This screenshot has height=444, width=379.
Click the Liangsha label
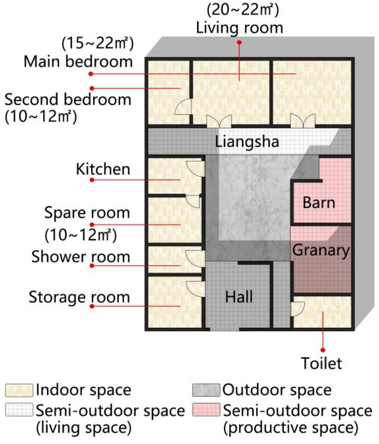[247, 141]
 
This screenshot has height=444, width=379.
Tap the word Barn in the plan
[319, 203]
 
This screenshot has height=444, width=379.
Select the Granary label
[321, 250]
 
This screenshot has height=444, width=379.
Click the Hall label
[239, 297]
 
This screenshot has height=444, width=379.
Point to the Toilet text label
[321, 363]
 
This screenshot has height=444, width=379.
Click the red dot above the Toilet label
[323, 350]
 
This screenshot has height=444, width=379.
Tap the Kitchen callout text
[103, 169]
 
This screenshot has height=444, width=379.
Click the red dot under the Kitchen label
[92, 180]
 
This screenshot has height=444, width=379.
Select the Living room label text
[239, 28]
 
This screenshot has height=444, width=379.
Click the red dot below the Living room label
[239, 42]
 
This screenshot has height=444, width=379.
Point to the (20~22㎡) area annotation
[243, 10]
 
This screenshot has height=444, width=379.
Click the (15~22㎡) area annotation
[97, 43]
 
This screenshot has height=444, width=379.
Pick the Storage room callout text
[79, 297]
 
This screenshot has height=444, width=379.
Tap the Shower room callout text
[81, 257]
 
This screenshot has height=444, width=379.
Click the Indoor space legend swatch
[19, 390]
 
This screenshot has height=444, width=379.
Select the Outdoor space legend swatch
[206, 390]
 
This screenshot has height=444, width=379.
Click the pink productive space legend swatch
[206, 410]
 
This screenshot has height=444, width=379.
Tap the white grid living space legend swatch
[19, 410]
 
